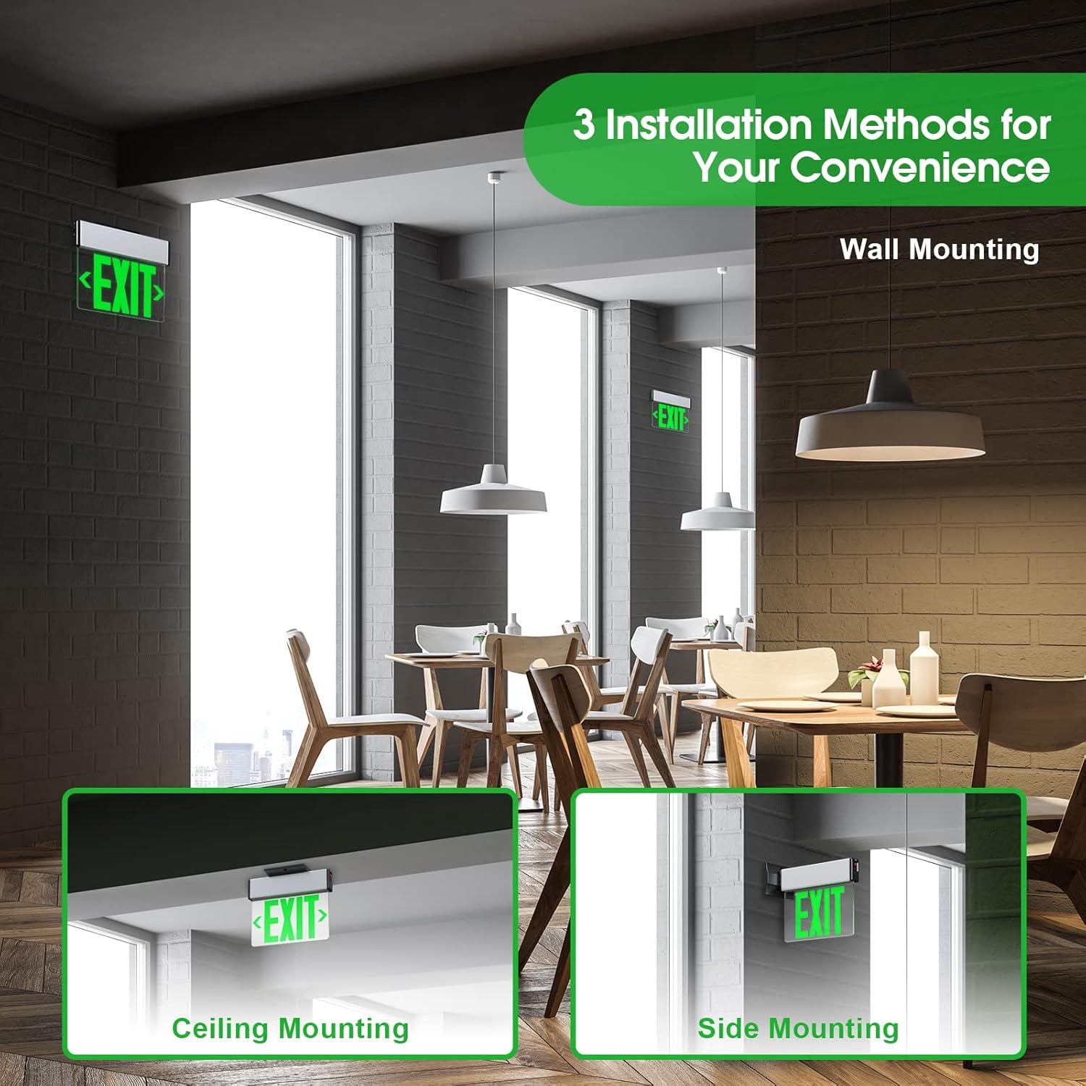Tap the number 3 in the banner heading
pos(584,125)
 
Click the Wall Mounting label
pos(939,249)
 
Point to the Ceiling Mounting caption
pos(290,1028)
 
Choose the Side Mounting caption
pos(798,1028)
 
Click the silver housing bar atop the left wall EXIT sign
pos(122,240)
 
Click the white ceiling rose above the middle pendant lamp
pos(495,176)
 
